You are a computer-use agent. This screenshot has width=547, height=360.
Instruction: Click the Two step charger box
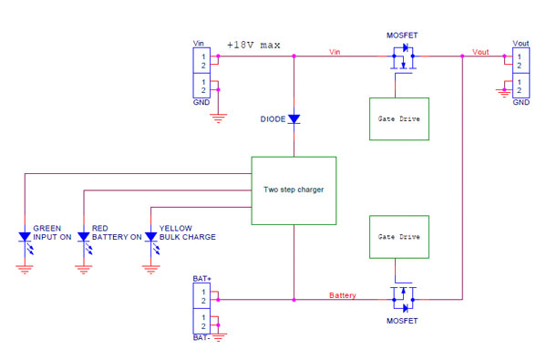coord(294,190)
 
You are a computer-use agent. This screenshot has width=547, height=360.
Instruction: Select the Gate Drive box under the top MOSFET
coord(399,119)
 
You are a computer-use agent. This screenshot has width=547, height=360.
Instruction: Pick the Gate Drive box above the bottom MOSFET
coord(399,237)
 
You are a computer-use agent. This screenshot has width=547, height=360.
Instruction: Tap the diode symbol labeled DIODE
coord(294,119)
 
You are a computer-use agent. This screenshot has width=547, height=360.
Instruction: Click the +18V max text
coord(253,45)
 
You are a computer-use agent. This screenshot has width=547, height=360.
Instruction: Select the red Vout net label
coord(480,52)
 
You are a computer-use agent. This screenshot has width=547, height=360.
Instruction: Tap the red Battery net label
coord(343,295)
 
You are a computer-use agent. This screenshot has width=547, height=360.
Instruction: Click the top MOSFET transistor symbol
coord(403,57)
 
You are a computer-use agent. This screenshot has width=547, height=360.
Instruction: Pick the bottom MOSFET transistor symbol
coord(403,297)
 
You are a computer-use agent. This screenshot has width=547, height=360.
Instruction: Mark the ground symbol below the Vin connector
coord(219,118)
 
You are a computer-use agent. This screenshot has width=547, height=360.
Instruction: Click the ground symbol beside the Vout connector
coord(504,93)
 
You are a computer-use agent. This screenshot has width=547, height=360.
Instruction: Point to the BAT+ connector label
coord(202,279)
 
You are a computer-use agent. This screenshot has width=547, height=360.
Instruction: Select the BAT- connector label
coord(201,338)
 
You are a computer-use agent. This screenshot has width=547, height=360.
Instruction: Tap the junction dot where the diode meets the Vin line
coord(294,56)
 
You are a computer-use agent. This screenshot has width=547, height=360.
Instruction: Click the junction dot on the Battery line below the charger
coord(294,300)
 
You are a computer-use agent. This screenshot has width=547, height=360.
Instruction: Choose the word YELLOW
coord(175,228)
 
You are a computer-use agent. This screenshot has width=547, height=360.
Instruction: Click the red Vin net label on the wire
coord(335,52)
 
